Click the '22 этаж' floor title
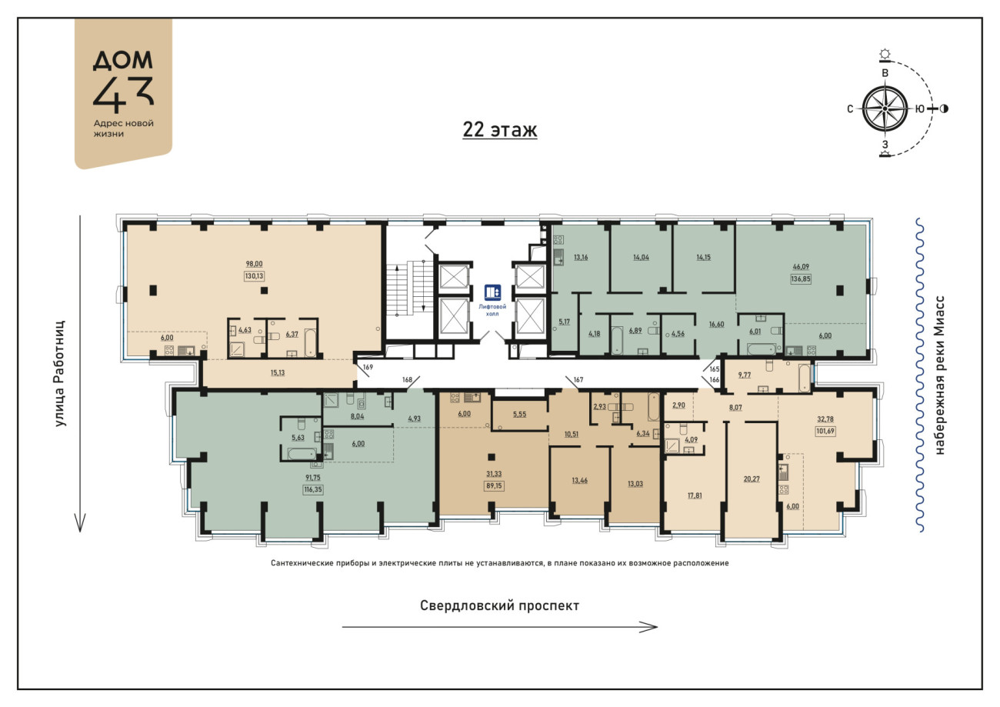pos(499,129)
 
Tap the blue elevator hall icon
pos(492,292)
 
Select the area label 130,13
pos(254,276)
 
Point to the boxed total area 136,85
pos(801,279)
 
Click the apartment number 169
pos(368,367)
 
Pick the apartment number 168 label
pos(407,379)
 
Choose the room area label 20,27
pos(752,479)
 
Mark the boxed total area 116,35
pos(313,489)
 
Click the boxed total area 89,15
pos(494,485)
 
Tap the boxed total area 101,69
pos(825,431)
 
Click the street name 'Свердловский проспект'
pos(499,605)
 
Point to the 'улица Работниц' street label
pos(59,373)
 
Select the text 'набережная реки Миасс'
pos(940,375)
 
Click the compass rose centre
pos(885,108)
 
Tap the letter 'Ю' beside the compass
pos(920,108)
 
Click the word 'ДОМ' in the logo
pos(123,60)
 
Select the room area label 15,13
pos(277,372)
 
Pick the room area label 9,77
pos(744,375)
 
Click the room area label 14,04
pos(641,257)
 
